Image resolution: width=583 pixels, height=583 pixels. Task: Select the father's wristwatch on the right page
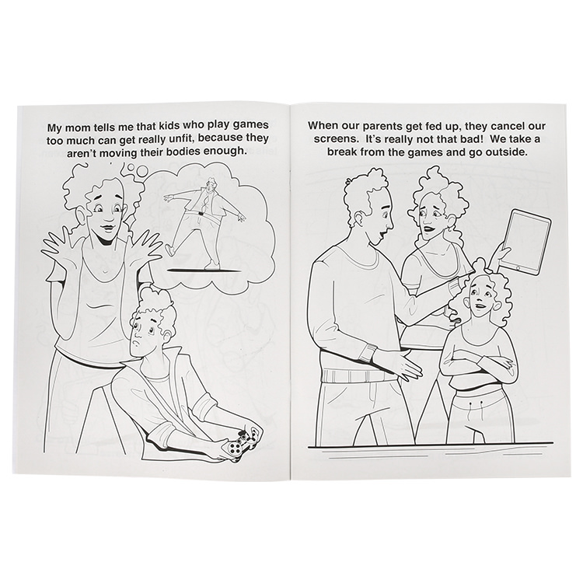click(368, 352)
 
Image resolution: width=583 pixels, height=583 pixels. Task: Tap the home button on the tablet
click(518, 267)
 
